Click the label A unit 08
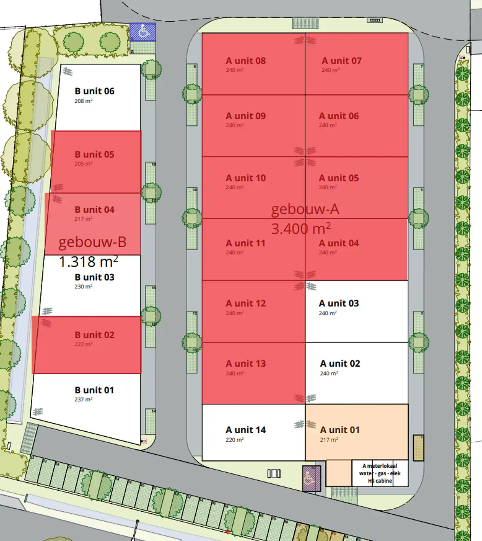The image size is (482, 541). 246,61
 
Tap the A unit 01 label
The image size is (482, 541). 340,430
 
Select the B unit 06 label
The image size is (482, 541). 94,91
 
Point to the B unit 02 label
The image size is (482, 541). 94,335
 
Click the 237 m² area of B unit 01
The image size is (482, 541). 83,399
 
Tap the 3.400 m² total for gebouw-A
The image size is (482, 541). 301,228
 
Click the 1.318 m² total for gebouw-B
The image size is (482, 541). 89,261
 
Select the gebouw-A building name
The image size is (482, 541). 305,209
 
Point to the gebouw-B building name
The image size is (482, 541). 92,242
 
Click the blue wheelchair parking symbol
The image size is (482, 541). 143,32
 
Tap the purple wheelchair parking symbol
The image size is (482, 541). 311,478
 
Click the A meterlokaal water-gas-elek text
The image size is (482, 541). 380,473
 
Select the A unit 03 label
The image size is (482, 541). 339,303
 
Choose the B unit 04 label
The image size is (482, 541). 94,210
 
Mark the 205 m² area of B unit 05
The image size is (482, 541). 83,164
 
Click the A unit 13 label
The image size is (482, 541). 246,363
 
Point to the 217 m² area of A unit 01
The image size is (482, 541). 329,440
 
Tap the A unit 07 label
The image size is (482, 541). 342,61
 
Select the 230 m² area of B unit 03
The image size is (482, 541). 83,286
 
